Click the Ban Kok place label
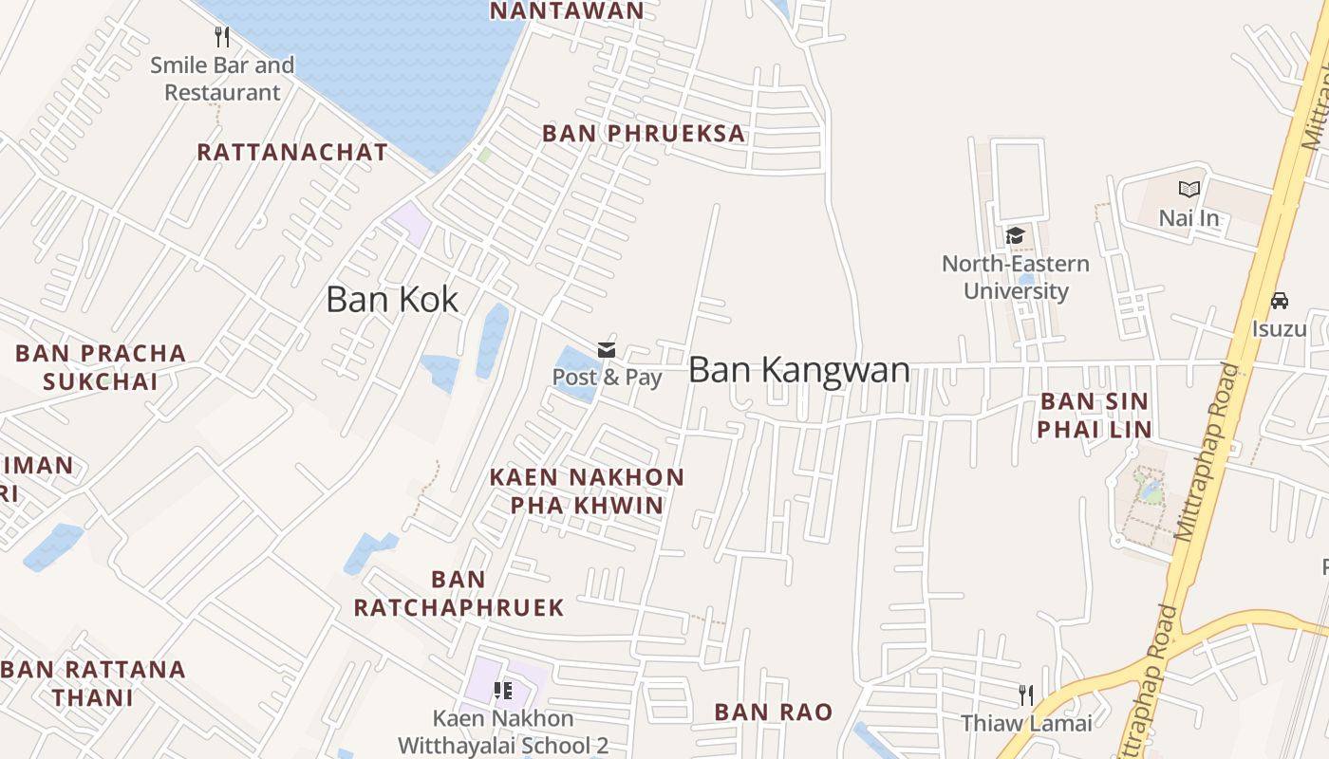coord(392,300)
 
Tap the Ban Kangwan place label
coord(798,369)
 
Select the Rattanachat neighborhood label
coord(292,152)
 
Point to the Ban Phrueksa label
coord(644,134)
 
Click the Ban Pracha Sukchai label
coord(101,367)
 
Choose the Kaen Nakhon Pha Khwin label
coord(587,491)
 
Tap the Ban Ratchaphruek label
coord(459,593)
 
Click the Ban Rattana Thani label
coord(93,683)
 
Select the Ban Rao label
coord(773,712)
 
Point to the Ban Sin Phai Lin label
coord(1094,415)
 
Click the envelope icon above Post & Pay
coord(607,350)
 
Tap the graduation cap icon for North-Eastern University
coord(1015,235)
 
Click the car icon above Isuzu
coord(1279,301)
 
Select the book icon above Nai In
coord(1189,190)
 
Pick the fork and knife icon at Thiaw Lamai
coord(1025,695)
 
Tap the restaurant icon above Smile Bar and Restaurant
coord(222,37)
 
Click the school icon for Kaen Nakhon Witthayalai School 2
coord(503,691)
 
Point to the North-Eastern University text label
coord(1016,277)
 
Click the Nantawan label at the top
coord(567,10)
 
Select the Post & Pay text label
coord(607,377)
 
